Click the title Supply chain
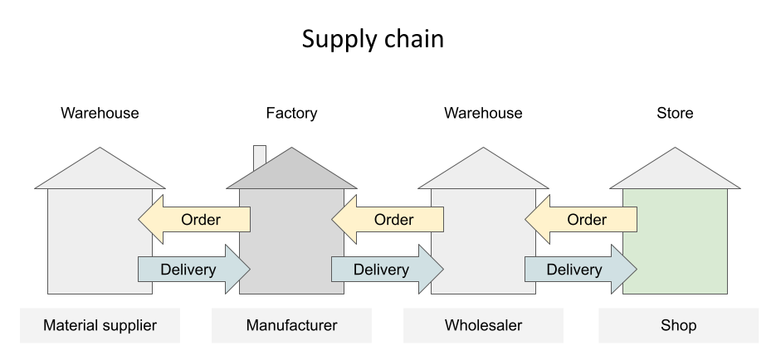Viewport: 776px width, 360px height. pos(373,40)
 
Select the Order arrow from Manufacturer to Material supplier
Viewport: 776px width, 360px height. pos(194,220)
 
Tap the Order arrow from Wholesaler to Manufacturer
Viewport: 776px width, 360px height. pos(388,220)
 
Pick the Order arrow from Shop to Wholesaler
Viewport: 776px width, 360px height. pos(581,220)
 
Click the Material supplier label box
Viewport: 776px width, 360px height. pos(100,325)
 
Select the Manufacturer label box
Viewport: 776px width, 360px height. pos(291,325)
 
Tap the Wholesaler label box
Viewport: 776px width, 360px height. pos(483,325)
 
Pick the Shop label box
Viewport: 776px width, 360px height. pos(678,325)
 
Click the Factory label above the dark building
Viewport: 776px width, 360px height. pos(291,113)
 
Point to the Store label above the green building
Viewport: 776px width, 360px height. pos(675,113)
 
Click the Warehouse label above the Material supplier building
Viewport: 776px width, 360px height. pos(100,113)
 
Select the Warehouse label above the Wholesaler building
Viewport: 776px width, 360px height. pos(483,113)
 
